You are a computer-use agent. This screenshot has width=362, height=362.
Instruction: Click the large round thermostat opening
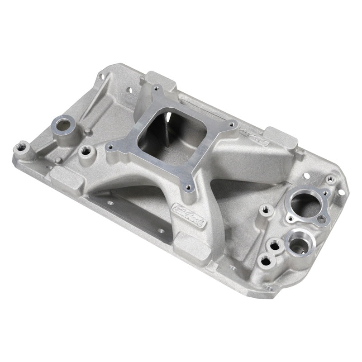303,202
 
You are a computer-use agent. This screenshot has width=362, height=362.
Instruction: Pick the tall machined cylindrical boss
62,125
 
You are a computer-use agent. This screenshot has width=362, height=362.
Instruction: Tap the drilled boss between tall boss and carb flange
84,151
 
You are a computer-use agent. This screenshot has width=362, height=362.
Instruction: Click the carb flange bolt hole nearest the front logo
186,184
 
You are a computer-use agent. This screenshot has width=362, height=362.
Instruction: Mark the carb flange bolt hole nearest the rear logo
233,123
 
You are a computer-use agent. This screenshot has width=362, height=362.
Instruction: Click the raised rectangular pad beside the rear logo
281,138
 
